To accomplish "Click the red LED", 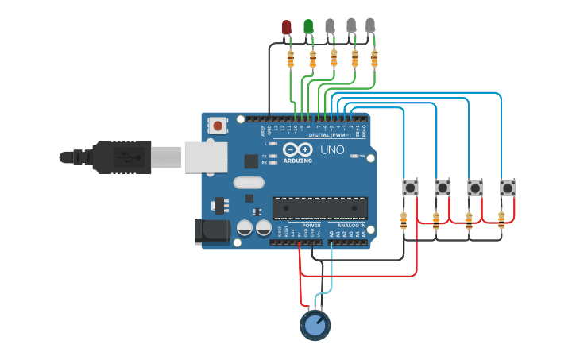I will [287, 28].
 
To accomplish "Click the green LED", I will [308, 28].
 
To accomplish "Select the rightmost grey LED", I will [370, 26].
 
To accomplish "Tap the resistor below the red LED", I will [291, 58].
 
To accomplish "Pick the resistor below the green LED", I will [312, 58].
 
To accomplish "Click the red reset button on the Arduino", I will [218, 125].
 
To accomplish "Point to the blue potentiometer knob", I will [315, 325].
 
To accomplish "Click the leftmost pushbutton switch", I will [410, 188].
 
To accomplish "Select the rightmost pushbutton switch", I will [507, 188].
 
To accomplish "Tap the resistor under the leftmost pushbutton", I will [404, 222].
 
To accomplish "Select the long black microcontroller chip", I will [321, 207].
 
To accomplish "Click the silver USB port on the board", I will [206, 157].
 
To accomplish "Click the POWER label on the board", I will [311, 226].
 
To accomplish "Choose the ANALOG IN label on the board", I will [352, 226].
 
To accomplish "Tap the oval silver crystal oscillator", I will [248, 183].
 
